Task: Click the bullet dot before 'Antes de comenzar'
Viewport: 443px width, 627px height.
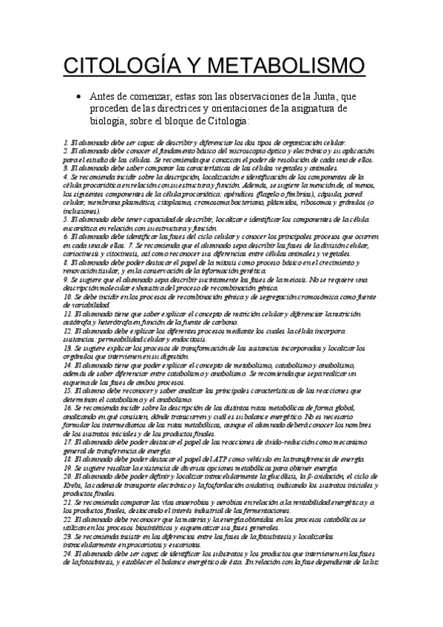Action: click(78, 96)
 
